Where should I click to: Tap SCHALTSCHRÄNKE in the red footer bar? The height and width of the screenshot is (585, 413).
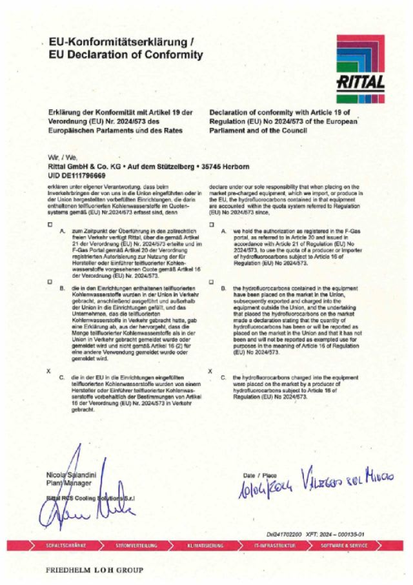click(66, 546)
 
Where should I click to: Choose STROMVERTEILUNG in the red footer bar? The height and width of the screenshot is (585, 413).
click(135, 546)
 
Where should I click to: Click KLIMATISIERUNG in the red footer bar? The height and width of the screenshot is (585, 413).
click(206, 546)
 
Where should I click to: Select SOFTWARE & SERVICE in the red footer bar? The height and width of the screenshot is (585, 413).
click(345, 546)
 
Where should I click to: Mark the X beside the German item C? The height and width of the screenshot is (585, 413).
click(48, 371)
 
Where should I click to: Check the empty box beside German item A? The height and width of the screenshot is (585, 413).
click(48, 224)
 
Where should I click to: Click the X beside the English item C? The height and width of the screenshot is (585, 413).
click(211, 371)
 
